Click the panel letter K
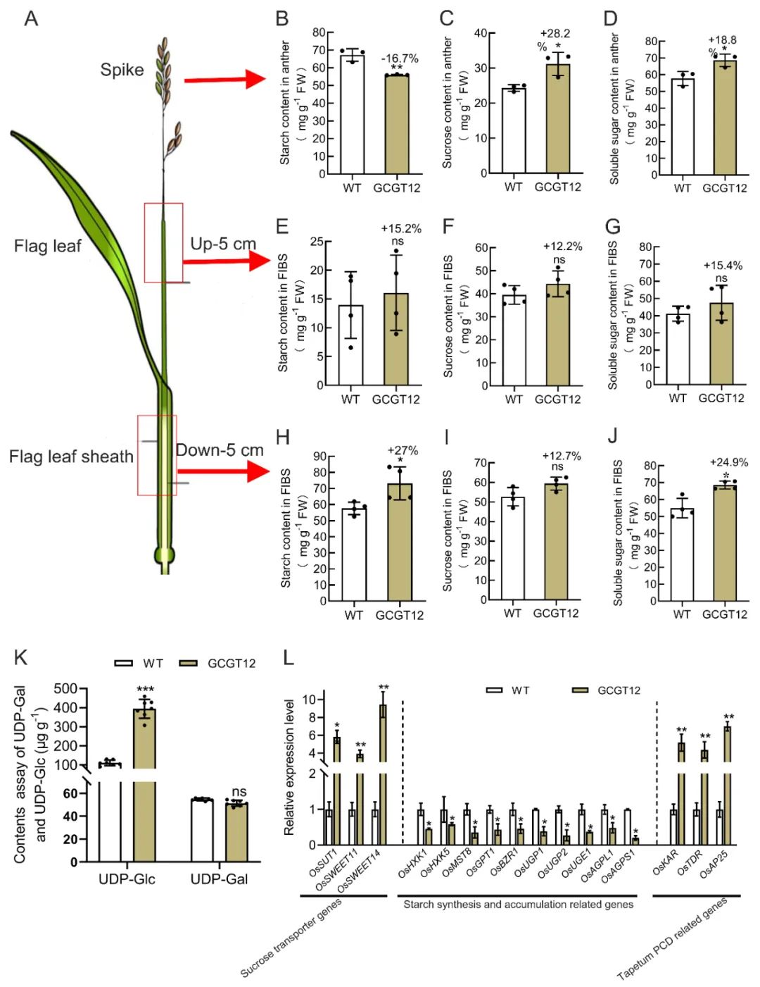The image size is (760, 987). pos(21,657)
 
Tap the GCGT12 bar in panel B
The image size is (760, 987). pos(396,124)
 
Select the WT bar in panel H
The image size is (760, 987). pos(354,554)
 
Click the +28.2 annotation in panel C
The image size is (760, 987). pos(555,34)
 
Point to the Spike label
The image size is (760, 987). pos(122,70)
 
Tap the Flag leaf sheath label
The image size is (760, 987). pos(71,457)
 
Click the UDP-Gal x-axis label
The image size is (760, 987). pos(219,879)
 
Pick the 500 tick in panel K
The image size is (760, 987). pos(65,688)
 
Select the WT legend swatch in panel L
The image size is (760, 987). pos(495,690)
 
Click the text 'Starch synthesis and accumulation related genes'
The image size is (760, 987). pos(518,905)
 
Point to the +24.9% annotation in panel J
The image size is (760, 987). pos(728,462)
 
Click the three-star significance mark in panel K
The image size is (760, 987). pos(146,690)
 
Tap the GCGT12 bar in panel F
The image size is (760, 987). pos(558,335)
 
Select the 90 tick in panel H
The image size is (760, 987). pos(320,457)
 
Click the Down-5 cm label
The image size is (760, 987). pos(220,450)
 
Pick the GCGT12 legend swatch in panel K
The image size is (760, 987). pos(189,663)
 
